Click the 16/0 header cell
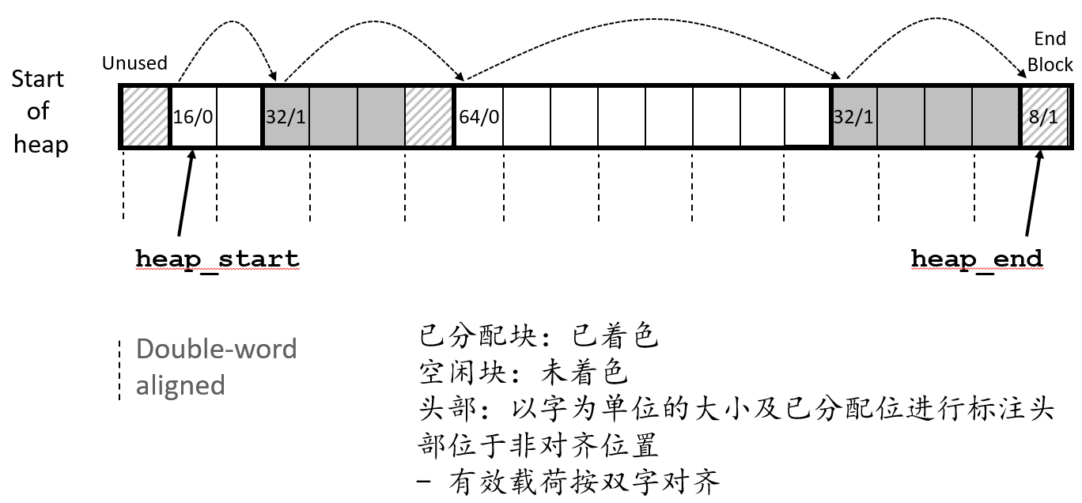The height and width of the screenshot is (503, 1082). click(x=193, y=116)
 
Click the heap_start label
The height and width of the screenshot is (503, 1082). click(x=218, y=259)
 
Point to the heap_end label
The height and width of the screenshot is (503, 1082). click(x=977, y=259)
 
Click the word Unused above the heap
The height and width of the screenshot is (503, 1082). click(x=134, y=63)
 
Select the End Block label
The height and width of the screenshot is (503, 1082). click(x=1050, y=52)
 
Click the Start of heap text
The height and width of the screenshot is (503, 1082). click(x=38, y=112)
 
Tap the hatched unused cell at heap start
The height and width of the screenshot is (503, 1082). click(x=146, y=116)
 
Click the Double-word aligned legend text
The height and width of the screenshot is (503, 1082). click(x=216, y=367)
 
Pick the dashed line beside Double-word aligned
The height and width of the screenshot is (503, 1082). click(x=119, y=370)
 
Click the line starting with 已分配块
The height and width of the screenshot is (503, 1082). click(x=538, y=338)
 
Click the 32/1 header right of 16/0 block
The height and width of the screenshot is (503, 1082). click(x=285, y=116)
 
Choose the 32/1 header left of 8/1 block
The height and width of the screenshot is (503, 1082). click(x=854, y=116)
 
